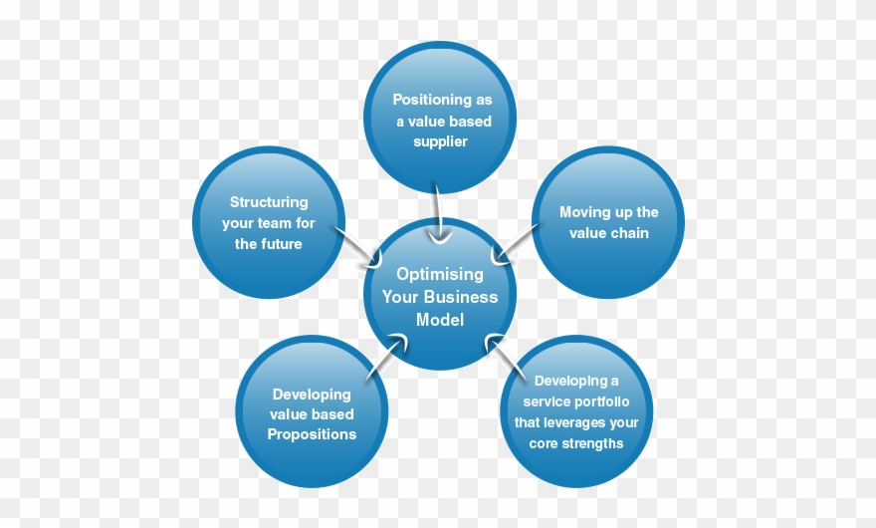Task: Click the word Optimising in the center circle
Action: [x=440, y=273]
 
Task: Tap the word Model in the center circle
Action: [x=440, y=320]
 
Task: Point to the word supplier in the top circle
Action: [x=440, y=141]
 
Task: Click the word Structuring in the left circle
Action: [x=269, y=202]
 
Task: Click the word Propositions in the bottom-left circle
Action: [x=312, y=434]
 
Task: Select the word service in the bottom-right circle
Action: [x=549, y=401]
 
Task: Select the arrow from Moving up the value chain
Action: [x=518, y=244]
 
